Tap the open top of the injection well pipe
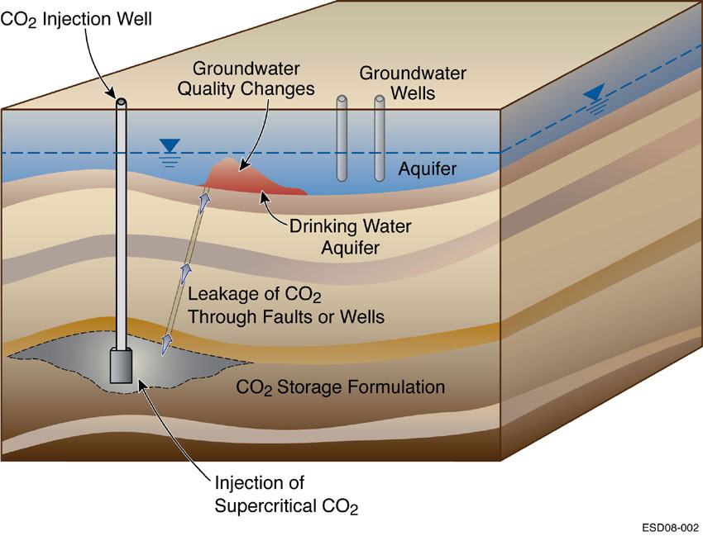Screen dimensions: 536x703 click(122, 102)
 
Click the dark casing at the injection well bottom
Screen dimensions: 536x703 click(122, 365)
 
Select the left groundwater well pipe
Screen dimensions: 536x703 click(342, 139)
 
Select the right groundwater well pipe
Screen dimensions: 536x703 click(380, 139)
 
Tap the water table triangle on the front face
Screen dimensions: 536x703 click(170, 146)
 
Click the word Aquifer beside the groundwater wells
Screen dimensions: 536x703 click(427, 169)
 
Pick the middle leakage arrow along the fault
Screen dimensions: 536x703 click(186, 273)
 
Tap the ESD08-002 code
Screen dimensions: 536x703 click(668, 526)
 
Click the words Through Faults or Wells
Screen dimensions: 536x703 click(286, 315)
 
